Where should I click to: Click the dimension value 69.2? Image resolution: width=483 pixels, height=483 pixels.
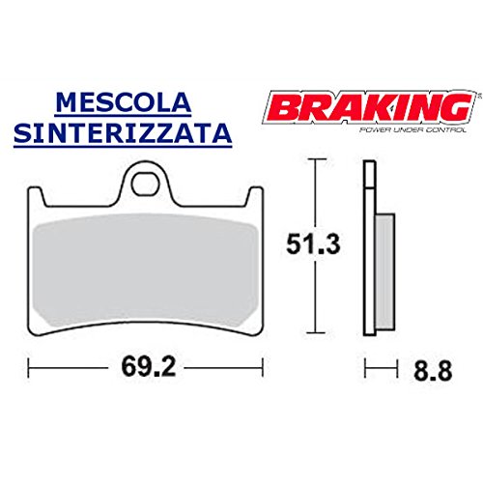[146, 369]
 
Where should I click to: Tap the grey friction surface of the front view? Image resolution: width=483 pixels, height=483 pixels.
[146, 266]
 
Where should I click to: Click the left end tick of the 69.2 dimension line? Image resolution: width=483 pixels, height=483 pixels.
[29, 368]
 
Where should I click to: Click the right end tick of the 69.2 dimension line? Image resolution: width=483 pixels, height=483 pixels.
[264, 368]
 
